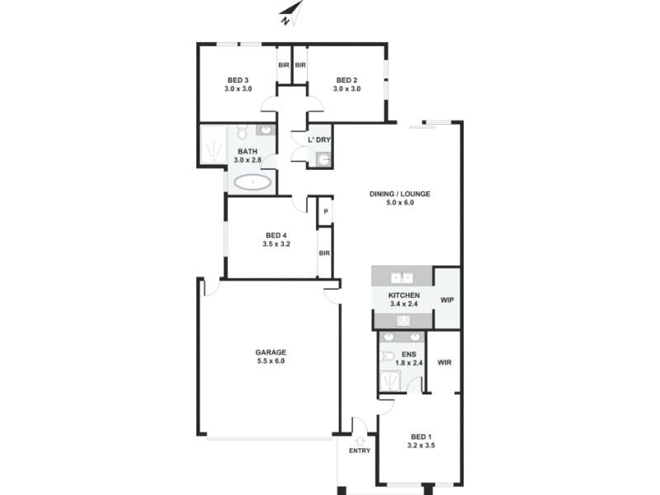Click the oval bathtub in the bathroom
(252, 182)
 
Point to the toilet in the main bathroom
(242, 132)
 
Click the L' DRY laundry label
(319, 139)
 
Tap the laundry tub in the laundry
(323, 159)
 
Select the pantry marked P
(325, 211)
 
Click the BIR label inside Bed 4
(324, 253)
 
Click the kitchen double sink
(402, 278)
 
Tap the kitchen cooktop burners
(403, 321)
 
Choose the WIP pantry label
(447, 300)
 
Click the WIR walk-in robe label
(445, 362)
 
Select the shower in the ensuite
(390, 381)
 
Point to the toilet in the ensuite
(386, 356)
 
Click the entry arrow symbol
(360, 441)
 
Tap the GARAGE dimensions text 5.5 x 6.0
(271, 361)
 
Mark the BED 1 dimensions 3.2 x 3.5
(421, 445)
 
